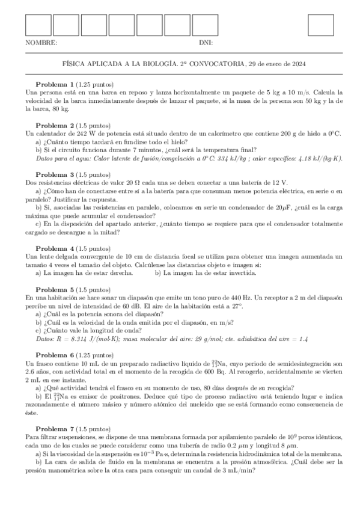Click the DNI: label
[206, 43]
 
